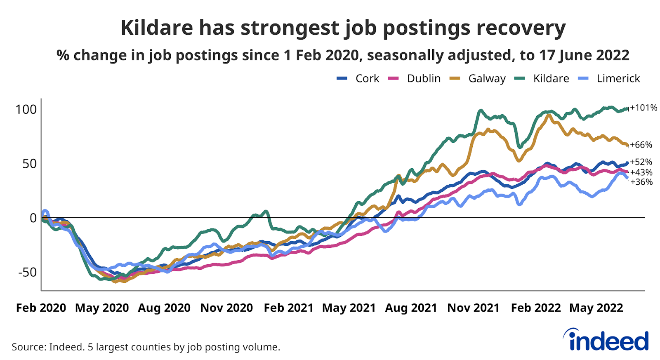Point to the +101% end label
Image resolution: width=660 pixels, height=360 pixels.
[643, 108]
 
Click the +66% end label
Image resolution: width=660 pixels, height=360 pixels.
[641, 145]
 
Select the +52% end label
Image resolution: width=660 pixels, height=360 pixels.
[641, 162]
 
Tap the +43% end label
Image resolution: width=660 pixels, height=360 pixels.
[641, 172]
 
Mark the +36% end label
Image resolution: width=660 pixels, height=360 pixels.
[641, 182]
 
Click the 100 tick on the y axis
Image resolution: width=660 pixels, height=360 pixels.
[26, 109]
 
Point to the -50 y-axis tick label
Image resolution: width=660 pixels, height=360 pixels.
[27, 272]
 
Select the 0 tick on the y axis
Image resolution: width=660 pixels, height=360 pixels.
[33, 218]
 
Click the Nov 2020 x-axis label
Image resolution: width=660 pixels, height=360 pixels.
[226, 308]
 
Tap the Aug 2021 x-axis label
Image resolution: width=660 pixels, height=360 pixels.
[411, 308]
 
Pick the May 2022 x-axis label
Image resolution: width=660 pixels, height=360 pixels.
[596, 308]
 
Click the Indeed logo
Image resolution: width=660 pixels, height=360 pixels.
[606, 340]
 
